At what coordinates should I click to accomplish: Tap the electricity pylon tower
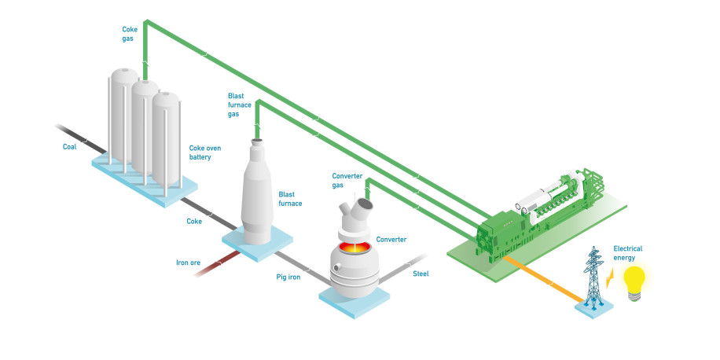point(594,275)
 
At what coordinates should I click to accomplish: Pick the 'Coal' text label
point(71,147)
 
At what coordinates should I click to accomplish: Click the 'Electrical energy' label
point(628,253)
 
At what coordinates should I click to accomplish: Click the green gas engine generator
point(542,211)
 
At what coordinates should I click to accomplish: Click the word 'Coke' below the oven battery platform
point(194,222)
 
